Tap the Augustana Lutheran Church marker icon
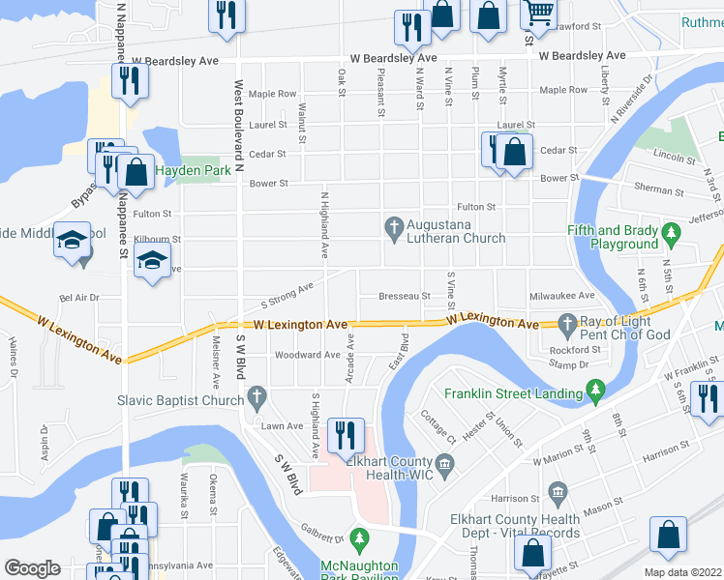(393, 228)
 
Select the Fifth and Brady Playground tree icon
(668, 232)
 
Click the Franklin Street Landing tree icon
(596, 391)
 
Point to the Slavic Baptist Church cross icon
(256, 395)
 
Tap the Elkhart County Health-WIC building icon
(444, 468)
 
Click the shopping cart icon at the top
(538, 13)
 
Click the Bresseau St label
(405, 296)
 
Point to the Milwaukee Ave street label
(561, 296)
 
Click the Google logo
(32, 568)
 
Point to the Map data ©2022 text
(682, 572)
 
